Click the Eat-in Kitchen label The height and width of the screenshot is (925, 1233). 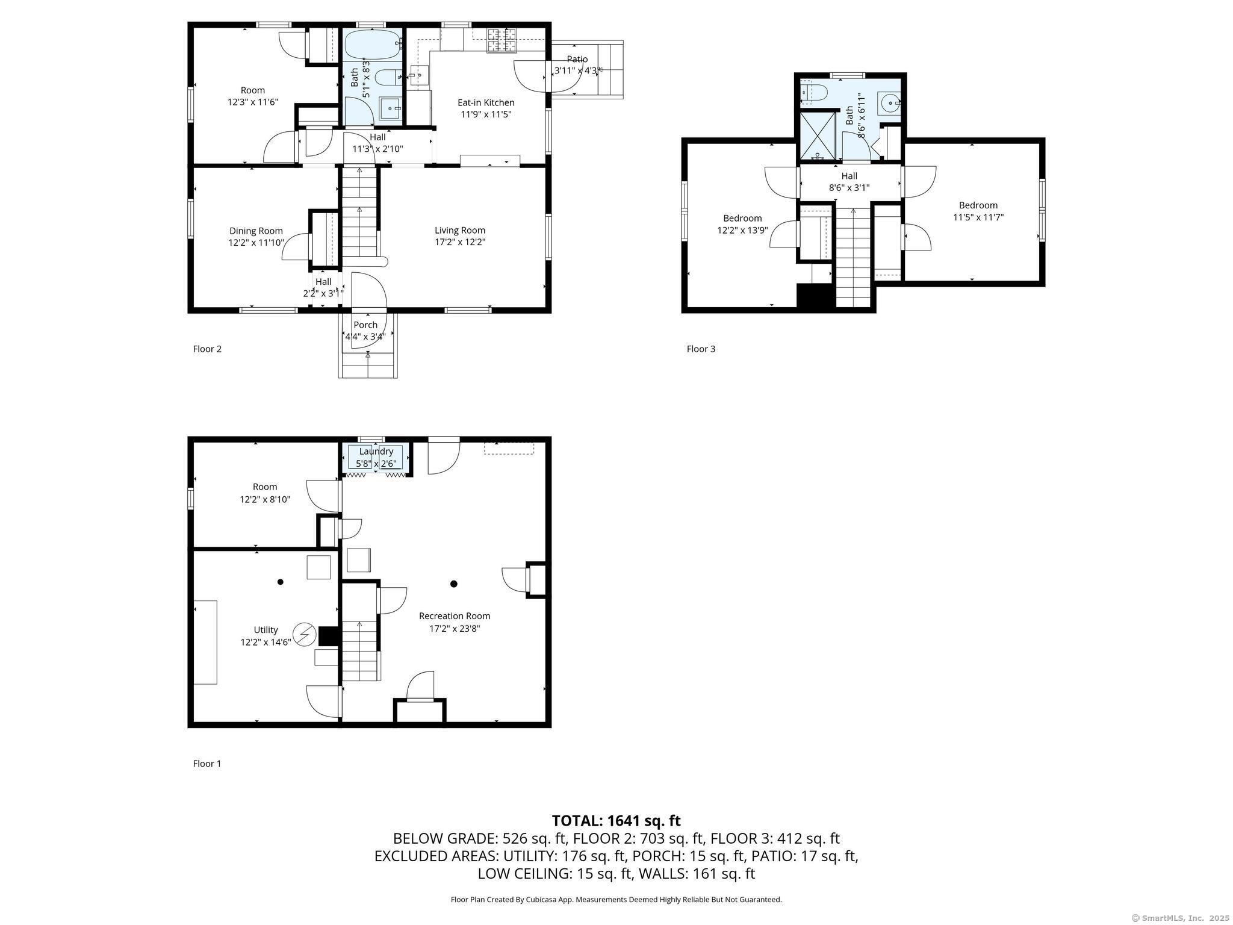point(486,102)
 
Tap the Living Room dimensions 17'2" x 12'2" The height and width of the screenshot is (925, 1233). point(460,242)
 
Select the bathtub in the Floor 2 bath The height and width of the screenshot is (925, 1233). point(372,43)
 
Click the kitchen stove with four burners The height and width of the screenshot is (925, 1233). point(502,40)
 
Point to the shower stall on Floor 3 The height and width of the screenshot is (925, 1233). point(817,137)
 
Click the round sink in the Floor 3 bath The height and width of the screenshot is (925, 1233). point(888,103)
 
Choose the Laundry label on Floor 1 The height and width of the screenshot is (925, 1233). point(376,451)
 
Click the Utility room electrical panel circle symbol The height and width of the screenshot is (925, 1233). point(305,634)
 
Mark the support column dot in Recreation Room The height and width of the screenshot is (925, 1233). point(454,584)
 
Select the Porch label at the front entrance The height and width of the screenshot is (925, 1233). point(365,325)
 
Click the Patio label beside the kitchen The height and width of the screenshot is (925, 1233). point(577,59)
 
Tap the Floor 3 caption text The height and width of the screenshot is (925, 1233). point(701,349)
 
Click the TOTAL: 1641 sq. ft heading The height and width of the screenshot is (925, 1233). point(616,820)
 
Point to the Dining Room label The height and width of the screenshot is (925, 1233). point(256,231)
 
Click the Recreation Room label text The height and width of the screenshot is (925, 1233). point(455,615)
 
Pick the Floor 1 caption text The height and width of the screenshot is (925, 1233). point(207,764)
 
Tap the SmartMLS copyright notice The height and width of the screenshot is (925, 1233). point(1180,918)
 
